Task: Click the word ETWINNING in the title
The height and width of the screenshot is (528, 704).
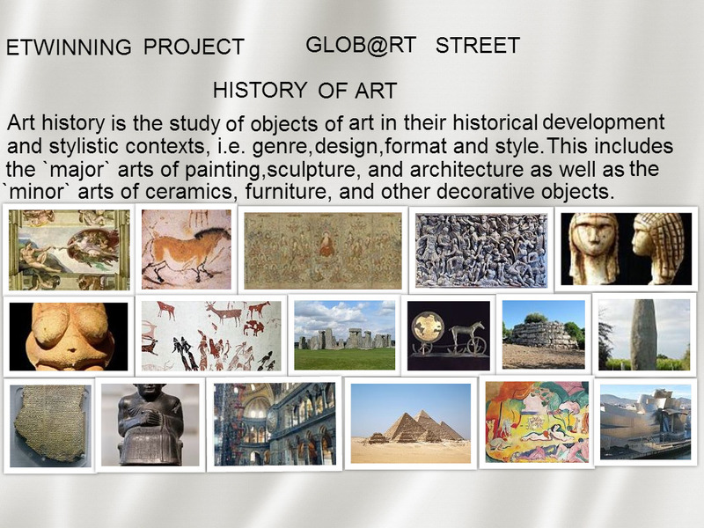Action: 69,48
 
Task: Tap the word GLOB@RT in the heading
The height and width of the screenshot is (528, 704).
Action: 361,46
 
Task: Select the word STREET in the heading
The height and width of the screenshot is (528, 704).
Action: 478,46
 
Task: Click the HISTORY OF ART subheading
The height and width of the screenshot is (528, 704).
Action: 304,91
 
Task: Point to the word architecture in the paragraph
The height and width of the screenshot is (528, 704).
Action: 466,169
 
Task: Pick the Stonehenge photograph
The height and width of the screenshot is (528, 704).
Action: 344,335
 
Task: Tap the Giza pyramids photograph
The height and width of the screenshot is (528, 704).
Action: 410,423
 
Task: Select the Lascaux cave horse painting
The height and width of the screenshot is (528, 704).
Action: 187,249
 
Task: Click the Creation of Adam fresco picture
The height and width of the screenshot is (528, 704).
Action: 70,250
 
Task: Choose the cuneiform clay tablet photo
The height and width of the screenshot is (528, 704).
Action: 50,425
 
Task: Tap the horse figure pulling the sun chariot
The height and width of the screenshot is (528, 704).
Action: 468,334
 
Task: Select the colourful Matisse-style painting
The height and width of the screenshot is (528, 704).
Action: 537,422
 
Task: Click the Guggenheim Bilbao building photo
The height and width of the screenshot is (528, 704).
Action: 645,422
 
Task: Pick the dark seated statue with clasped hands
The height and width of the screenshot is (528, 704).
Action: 150,424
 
